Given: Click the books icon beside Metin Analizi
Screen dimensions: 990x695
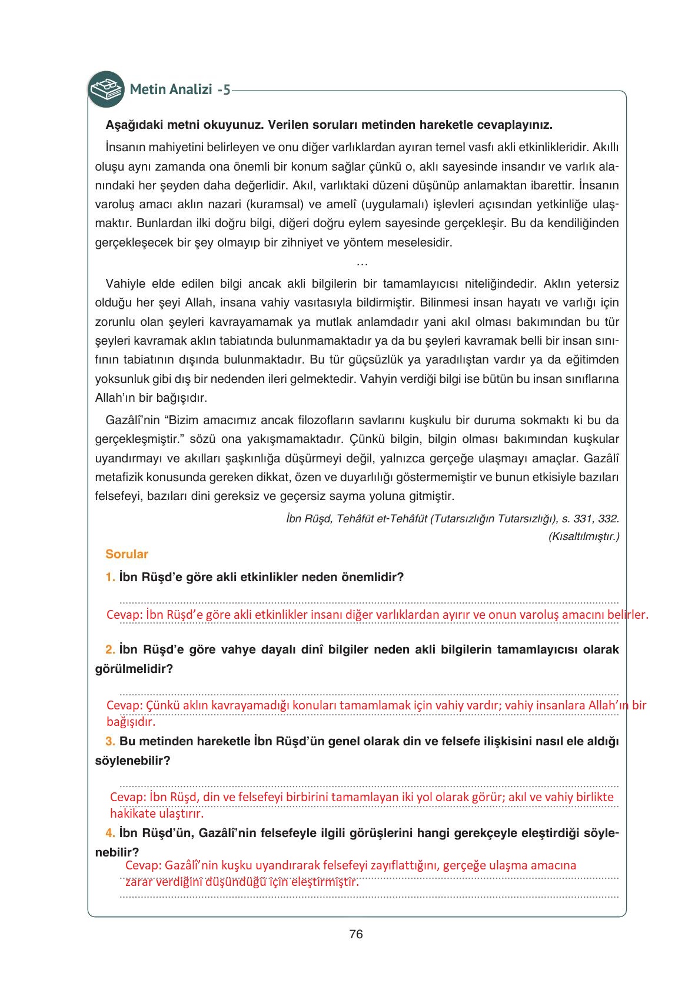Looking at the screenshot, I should coord(106,89).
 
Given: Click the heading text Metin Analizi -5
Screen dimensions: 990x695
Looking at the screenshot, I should coord(180,90).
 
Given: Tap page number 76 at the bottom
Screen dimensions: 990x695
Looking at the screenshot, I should coord(355,934).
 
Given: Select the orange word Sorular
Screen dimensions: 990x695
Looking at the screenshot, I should coord(127,554).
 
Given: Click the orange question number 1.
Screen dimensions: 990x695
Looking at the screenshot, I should coord(110,577).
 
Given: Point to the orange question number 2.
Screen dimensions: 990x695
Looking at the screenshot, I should coord(110,650).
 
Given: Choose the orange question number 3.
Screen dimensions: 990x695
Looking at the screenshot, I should coord(110,741).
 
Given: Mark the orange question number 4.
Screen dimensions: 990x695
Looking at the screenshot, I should coord(110,833).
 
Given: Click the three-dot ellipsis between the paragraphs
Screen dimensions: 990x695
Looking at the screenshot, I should coord(363,264).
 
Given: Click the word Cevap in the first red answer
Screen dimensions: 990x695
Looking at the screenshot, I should coord(124,615).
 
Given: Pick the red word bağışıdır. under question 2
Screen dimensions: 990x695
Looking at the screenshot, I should coord(131,722).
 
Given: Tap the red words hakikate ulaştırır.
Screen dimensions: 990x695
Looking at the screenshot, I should coord(157,814).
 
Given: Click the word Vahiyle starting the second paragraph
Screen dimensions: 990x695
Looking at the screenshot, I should coord(125,284).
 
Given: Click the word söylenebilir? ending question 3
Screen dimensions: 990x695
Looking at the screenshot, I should coord(132,761).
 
